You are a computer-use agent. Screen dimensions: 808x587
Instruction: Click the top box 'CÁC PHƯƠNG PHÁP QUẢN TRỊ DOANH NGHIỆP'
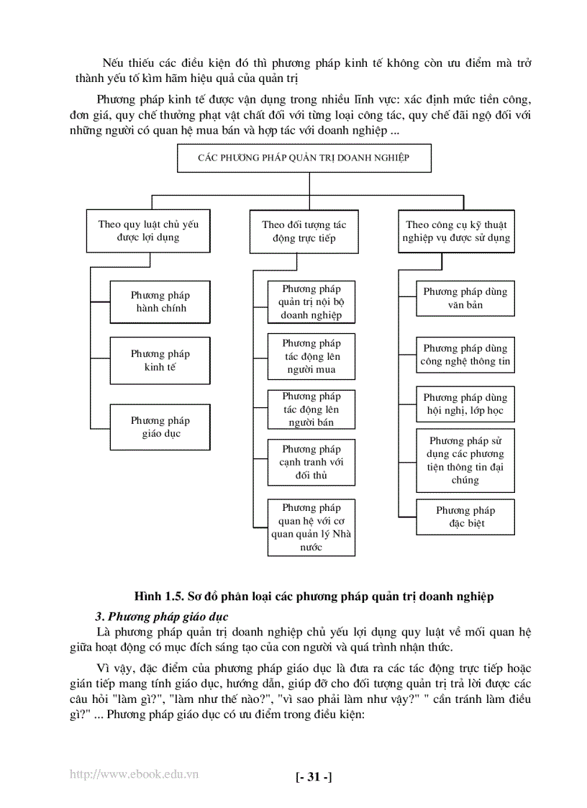coord(304,158)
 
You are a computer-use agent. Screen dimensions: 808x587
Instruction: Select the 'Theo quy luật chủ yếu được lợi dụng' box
coord(149,230)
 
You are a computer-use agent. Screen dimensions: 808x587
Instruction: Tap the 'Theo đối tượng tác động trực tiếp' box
coord(304,231)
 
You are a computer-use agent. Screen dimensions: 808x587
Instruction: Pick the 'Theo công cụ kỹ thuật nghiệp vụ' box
coord(457,231)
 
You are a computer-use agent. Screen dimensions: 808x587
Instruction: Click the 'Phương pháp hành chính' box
coord(160,301)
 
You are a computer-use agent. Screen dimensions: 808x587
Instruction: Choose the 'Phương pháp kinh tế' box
coord(160,360)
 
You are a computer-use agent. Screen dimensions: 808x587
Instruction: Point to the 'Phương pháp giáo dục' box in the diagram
coord(160,427)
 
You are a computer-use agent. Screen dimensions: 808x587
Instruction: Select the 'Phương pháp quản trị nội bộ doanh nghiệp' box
coord(311,301)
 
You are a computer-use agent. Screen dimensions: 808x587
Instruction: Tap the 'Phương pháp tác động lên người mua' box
coord(311,356)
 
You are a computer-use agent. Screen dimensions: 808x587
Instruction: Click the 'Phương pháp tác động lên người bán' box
coord(311,409)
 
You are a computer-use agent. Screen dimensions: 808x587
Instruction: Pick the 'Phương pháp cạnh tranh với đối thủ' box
coord(311,462)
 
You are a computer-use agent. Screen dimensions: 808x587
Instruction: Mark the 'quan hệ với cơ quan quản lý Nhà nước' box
coord(311,527)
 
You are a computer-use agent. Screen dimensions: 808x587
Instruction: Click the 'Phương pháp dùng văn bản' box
coord(465,298)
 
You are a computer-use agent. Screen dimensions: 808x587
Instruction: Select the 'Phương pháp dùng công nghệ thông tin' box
coord(465,355)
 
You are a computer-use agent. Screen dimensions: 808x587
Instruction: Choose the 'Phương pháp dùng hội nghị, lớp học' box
coord(465,404)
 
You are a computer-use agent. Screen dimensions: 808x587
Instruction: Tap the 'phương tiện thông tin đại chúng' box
coord(465,460)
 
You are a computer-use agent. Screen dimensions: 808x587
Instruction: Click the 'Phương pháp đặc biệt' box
coord(465,517)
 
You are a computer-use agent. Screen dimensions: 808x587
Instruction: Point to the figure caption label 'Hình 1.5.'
coord(158,596)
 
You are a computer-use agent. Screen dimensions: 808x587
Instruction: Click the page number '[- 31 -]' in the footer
coord(314,776)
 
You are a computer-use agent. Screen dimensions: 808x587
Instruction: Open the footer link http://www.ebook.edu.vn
coord(135,774)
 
